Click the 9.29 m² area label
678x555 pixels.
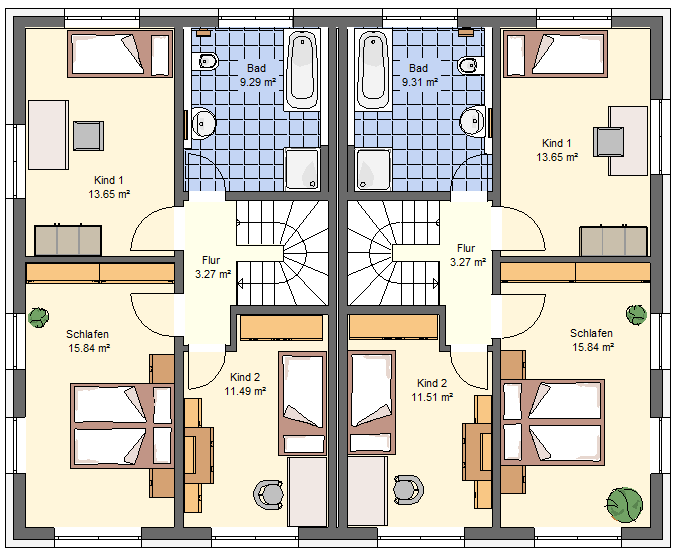point(258,82)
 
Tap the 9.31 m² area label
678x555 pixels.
point(420,82)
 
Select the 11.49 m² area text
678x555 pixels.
point(245,391)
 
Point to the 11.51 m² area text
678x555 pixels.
point(432,397)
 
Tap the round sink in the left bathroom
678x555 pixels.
point(203,123)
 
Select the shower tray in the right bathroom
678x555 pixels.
point(373,169)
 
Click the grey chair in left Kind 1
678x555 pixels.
point(88,136)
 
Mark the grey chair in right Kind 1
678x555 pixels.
point(608,142)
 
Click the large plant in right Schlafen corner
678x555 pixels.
point(624,505)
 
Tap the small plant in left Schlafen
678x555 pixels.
point(38,317)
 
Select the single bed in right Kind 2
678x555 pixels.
point(372,403)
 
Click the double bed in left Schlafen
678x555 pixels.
point(122,426)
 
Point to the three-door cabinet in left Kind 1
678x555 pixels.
point(68,240)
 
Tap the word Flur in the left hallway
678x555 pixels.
point(211,260)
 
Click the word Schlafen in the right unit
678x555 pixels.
point(591,333)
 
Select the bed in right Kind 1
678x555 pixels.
point(555,54)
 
